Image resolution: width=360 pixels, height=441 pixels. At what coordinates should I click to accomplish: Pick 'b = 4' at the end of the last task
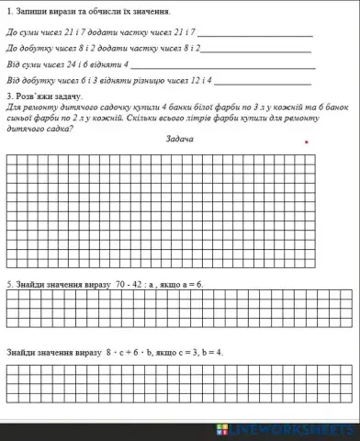click(x=211, y=351)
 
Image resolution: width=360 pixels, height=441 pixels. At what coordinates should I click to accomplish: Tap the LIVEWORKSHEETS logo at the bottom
click(x=285, y=430)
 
